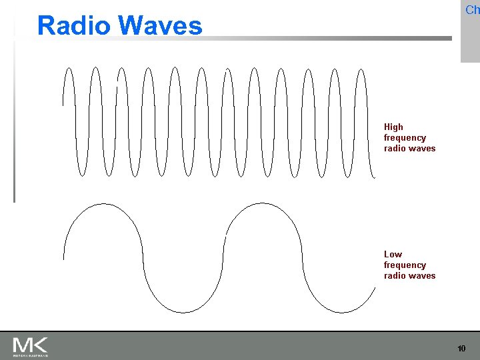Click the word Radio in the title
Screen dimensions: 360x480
[x=73, y=25]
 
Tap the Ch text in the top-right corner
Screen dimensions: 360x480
[x=472, y=10]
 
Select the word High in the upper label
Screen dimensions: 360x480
[x=393, y=127]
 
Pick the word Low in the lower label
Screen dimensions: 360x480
[x=393, y=254]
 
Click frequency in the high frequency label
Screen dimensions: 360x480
[x=405, y=137]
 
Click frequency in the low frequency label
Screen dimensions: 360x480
[x=405, y=265]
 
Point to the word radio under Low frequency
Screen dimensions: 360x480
[x=395, y=275]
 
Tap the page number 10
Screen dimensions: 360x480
[x=461, y=349]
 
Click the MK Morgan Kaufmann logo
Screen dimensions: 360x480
[x=31, y=347]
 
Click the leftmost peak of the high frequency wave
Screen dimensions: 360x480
[x=69, y=67]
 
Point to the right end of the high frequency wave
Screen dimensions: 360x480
[x=375, y=177]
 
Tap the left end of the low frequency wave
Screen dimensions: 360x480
[x=63, y=258]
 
